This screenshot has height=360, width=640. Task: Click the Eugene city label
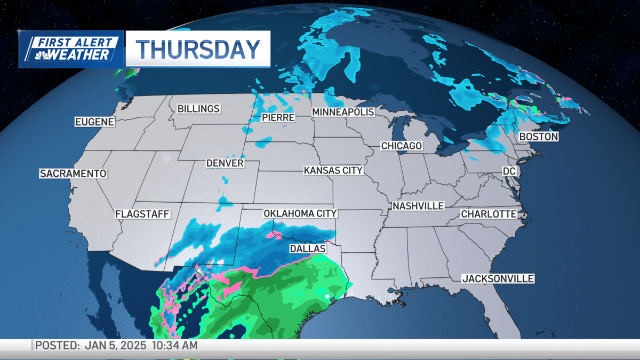pyautogui.click(x=95, y=122)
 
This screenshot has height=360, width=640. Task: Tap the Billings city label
pyautogui.click(x=198, y=109)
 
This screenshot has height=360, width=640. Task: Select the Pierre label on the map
pyautogui.click(x=278, y=117)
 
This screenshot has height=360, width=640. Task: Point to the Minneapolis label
pyautogui.click(x=343, y=112)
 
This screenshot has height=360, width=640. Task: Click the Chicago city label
pyautogui.click(x=402, y=146)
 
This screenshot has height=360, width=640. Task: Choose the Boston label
pyautogui.click(x=539, y=137)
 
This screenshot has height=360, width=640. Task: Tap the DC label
pyautogui.click(x=510, y=171)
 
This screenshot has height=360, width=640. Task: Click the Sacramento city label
pyautogui.click(x=74, y=174)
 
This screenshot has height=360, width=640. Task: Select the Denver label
pyautogui.click(x=226, y=163)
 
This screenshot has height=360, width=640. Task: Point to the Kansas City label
pyautogui.click(x=333, y=171)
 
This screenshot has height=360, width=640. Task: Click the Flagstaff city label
pyautogui.click(x=142, y=214)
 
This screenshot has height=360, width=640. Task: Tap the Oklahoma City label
pyautogui.click(x=300, y=214)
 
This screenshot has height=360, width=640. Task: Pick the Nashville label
pyautogui.click(x=418, y=206)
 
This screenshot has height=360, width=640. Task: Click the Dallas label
pyautogui.click(x=308, y=249)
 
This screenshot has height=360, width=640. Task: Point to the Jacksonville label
pyautogui.click(x=498, y=279)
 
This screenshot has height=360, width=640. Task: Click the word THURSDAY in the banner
pyautogui.click(x=198, y=49)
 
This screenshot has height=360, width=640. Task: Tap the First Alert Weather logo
pyautogui.click(x=71, y=49)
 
